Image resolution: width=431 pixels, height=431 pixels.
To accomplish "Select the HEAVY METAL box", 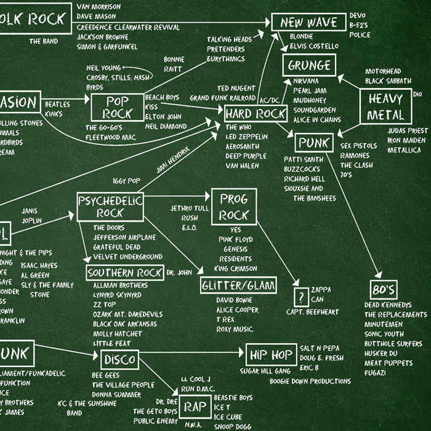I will [385, 107].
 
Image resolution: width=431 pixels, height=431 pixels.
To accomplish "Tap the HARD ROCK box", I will [256, 114].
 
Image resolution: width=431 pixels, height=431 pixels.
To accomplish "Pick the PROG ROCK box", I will [233, 206].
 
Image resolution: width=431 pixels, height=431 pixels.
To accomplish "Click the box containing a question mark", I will [300, 296].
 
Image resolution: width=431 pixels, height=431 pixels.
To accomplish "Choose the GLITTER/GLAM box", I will [239, 286].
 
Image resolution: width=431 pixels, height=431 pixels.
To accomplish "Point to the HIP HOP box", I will [270, 355].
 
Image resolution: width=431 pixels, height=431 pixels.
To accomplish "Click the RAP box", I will [195, 407].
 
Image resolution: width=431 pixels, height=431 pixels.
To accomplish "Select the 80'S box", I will [384, 290].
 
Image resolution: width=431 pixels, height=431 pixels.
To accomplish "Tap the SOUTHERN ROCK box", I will [124, 273].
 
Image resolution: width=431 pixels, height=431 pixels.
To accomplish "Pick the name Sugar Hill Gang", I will [266, 371].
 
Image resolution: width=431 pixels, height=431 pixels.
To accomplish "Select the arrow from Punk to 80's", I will [357, 216].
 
